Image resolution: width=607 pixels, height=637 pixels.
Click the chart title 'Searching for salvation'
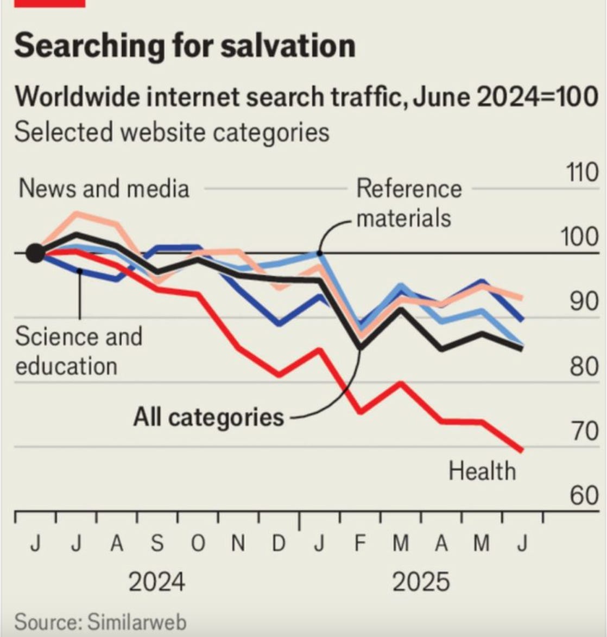tap(185, 46)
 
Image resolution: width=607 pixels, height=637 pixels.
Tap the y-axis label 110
tap(583, 173)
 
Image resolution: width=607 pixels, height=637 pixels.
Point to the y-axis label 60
tap(584, 495)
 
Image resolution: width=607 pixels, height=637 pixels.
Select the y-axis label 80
tap(584, 367)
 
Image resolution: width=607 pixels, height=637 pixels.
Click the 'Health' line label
tap(482, 470)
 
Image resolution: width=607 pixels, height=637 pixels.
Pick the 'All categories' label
tap(209, 417)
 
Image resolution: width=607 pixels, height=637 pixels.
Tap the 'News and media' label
tap(104, 189)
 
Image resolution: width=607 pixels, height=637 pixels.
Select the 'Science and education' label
tap(79, 351)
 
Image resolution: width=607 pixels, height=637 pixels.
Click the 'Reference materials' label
tap(408, 203)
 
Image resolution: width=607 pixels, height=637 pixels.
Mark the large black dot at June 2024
tap(35, 253)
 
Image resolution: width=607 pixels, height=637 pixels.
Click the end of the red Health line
tap(522, 450)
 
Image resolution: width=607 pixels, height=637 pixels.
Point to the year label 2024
tap(156, 582)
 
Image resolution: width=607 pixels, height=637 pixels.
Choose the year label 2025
tap(421, 582)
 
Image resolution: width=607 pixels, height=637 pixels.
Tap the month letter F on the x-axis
tap(359, 543)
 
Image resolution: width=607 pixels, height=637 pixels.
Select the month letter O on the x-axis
tap(198, 543)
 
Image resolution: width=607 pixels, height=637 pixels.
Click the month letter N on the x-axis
tap(238, 543)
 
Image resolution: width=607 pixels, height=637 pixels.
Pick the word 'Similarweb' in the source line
tap(137, 622)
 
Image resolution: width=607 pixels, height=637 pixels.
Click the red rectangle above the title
tap(50, 3)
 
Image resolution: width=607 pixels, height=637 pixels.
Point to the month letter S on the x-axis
tap(157, 543)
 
